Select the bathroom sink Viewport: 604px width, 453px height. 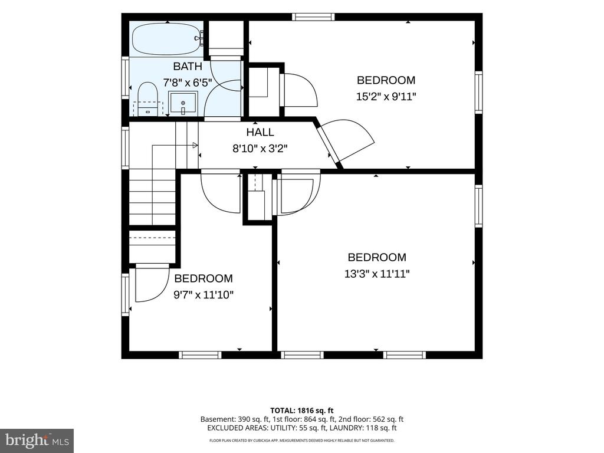click(183, 103)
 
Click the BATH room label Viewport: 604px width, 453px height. click(188, 66)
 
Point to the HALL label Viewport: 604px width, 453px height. click(260, 132)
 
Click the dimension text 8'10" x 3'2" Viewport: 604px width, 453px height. click(260, 148)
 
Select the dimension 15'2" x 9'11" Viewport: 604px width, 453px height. click(386, 96)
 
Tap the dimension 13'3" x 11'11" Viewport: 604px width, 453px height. click(377, 274)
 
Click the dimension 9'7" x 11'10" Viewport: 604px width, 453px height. click(203, 295)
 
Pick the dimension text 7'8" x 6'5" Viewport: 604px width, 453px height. click(188, 83)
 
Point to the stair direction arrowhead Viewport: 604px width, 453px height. click(195, 145)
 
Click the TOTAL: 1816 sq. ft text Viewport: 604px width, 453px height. click(301, 411)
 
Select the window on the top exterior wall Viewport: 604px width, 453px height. click(313, 17)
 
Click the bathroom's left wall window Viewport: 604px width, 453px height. click(125, 77)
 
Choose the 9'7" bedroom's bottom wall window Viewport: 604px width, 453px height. click(201, 354)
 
